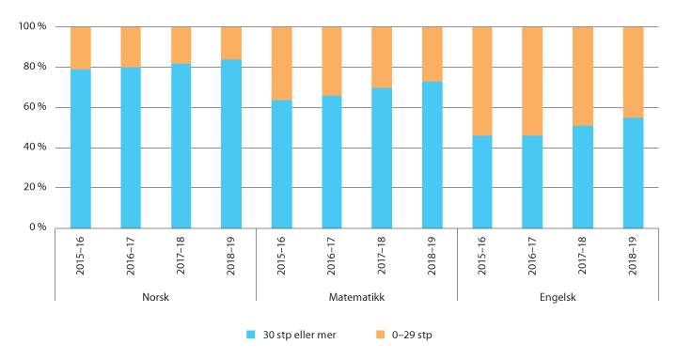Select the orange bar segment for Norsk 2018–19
(231, 42)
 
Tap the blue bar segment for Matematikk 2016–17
(332, 161)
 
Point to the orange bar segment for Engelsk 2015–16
(482, 81)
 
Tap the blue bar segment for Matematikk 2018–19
(432, 154)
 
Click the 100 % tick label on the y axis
(33, 26)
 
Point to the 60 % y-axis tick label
(36, 107)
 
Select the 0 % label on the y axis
(39, 227)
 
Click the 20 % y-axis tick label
(36, 187)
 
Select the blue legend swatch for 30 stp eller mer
(250, 335)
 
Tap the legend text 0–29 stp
(413, 335)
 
